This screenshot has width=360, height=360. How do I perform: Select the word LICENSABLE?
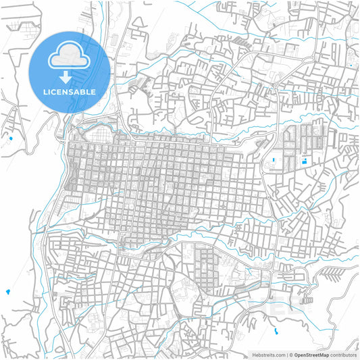point(68,91)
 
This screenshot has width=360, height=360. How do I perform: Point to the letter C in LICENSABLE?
point(54,91)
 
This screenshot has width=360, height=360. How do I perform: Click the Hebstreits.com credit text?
point(267,355)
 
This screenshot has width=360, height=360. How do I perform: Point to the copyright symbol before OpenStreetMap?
point(291,355)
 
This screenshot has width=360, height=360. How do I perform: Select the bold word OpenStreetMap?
point(311,355)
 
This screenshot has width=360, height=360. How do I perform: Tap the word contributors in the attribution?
point(343,355)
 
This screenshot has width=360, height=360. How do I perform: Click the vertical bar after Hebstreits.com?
point(286,355)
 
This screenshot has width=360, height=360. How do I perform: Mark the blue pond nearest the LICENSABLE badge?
point(11,138)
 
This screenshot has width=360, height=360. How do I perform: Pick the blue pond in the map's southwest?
point(8,292)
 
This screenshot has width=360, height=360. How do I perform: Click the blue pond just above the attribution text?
point(276,331)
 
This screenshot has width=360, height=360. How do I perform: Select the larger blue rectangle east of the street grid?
point(304,161)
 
